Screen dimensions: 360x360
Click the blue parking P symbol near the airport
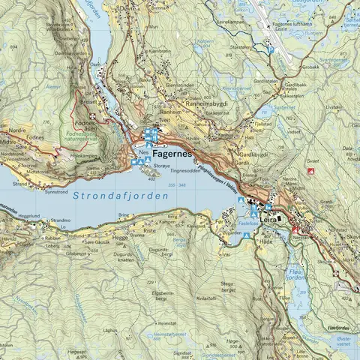click(x=271, y=49)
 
